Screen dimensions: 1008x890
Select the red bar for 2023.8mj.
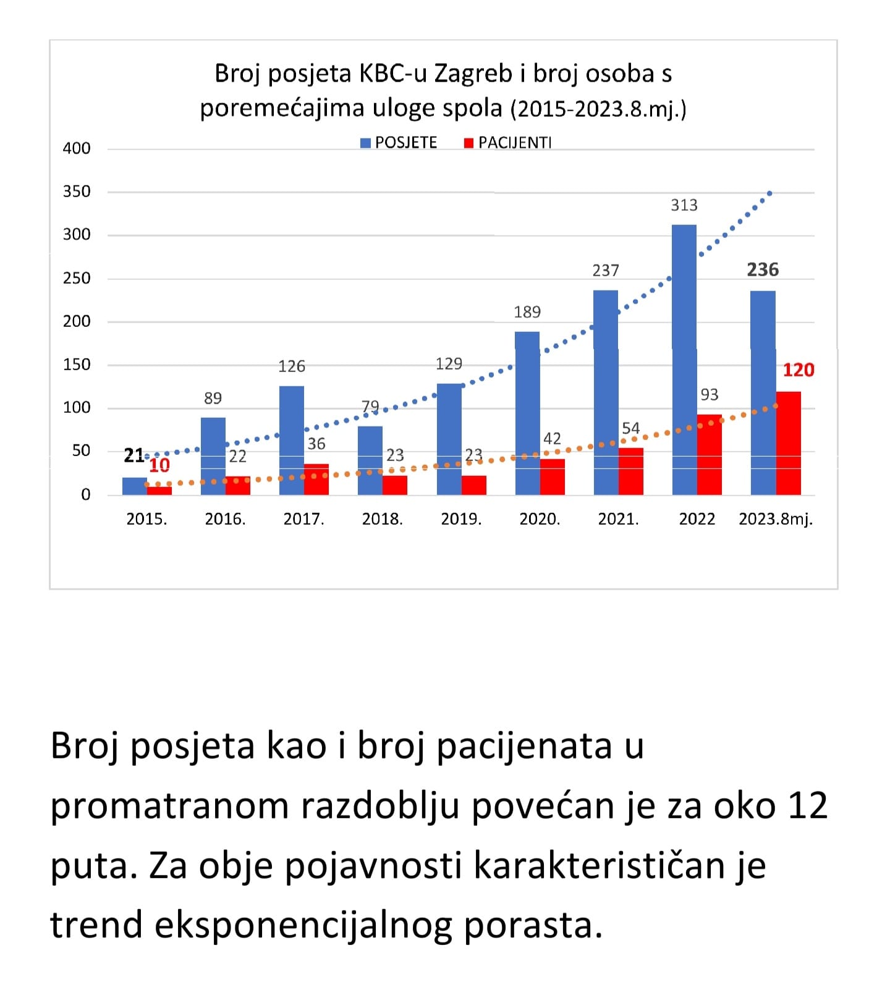click(x=788, y=443)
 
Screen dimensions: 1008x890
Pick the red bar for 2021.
click(x=630, y=471)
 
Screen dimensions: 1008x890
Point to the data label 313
click(x=684, y=205)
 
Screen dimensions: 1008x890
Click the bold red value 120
click(x=799, y=370)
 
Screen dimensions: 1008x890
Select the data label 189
click(x=527, y=312)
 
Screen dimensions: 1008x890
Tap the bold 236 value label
click(x=763, y=269)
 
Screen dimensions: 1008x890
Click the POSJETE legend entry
click(x=399, y=143)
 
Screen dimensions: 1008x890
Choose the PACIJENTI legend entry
click(x=508, y=143)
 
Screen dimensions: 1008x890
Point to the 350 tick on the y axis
click(x=77, y=192)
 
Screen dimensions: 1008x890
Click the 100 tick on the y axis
click(x=77, y=408)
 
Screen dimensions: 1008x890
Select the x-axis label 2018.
click(x=382, y=519)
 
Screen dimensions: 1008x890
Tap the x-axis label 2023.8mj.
click(x=776, y=519)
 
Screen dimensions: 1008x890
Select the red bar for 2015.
click(x=159, y=491)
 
